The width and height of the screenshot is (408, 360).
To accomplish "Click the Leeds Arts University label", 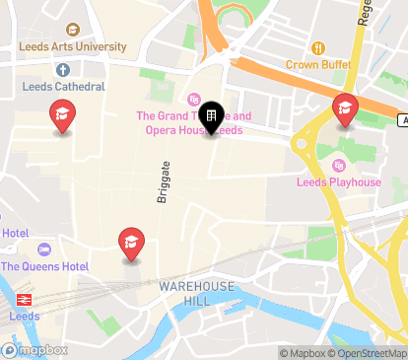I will pyautogui.click(x=76, y=46).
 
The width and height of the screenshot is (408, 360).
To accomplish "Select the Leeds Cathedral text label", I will pyautogui.click(x=64, y=86).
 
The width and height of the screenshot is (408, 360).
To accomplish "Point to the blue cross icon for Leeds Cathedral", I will pyautogui.click(x=63, y=70).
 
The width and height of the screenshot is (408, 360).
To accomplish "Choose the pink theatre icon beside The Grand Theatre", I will pyautogui.click(x=194, y=100).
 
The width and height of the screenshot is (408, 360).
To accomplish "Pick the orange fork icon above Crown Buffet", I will pyautogui.click(x=317, y=48).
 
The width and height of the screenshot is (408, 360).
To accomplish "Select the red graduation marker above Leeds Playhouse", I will pyautogui.click(x=344, y=108).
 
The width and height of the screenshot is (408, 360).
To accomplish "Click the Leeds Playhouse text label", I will pyautogui.click(x=338, y=182).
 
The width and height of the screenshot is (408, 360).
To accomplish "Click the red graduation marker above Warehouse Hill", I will pyautogui.click(x=131, y=243).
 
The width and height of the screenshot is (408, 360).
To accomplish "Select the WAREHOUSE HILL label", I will pyautogui.click(x=197, y=293).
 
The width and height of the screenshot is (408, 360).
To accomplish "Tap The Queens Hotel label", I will pyautogui.click(x=44, y=266).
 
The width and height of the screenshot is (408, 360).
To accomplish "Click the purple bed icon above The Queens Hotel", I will pyautogui.click(x=42, y=248).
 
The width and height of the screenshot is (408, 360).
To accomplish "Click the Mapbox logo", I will pyautogui.click(x=35, y=350).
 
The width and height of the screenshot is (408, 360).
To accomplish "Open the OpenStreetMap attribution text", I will pyautogui.click(x=371, y=353).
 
